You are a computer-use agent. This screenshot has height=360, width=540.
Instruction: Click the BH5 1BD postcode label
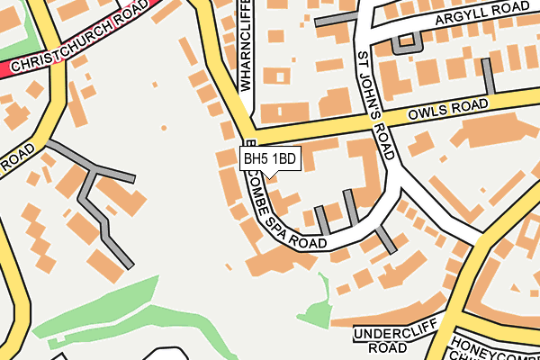point(270,158)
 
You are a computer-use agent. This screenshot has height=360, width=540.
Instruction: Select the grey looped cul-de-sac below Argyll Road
point(408,40)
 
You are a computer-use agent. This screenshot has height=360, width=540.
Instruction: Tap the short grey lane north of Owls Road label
point(489,76)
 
